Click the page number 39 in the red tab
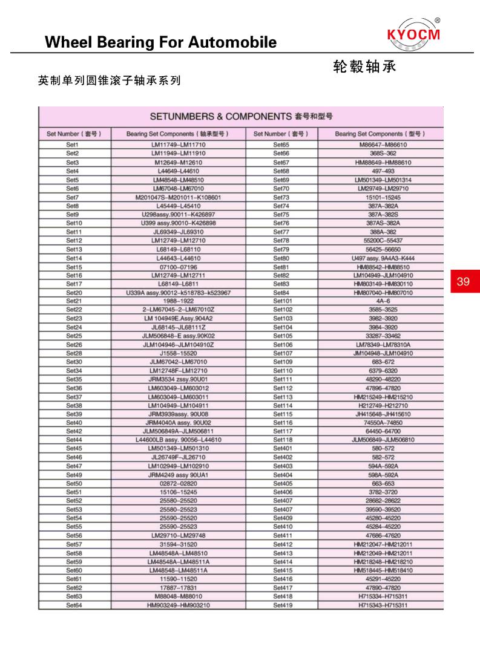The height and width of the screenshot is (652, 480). coord(463,281)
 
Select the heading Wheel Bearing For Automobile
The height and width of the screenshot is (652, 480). coord(161,42)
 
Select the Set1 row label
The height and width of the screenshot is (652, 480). coord(73,145)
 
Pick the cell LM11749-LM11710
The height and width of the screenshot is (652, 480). coord(178,145)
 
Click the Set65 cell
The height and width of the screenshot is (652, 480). coord(281,145)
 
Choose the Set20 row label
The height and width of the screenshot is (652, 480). coord(74,293)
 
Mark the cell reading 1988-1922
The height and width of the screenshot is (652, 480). coord(178,301)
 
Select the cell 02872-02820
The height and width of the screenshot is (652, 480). coord(178,484)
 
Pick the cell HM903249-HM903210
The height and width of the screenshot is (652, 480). coord(178,605)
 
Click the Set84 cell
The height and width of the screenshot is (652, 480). coord(281,293)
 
